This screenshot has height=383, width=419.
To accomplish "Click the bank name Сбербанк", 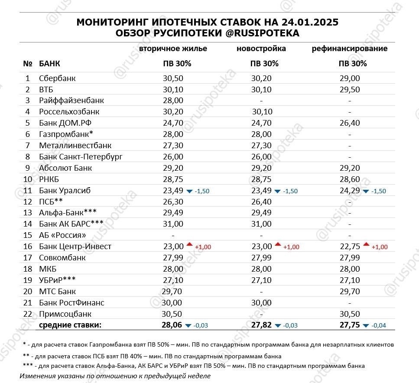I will (x=57, y=78).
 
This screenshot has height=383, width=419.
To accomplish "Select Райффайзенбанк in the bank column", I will (x=71, y=101).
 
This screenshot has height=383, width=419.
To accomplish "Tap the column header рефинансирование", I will (x=350, y=49).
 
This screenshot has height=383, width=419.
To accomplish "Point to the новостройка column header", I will (x=261, y=49).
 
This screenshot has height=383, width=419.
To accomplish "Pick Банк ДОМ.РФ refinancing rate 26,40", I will (x=349, y=123).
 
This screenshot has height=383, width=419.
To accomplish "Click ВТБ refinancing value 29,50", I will (x=349, y=90).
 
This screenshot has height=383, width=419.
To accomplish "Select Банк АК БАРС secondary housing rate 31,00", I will (x=173, y=224).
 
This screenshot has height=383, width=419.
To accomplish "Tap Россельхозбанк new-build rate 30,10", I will (x=262, y=112).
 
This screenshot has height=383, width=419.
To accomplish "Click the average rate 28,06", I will (x=172, y=325).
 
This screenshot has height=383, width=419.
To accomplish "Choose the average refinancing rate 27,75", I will (x=349, y=325).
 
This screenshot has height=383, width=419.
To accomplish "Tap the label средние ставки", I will (x=70, y=325).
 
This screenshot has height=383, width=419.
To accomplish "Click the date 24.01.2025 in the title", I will (x=304, y=23).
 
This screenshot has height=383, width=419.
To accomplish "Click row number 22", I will (x=28, y=314).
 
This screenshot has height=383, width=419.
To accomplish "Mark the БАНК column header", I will (x=49, y=64).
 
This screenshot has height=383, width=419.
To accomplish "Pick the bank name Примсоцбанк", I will (x=65, y=314).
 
